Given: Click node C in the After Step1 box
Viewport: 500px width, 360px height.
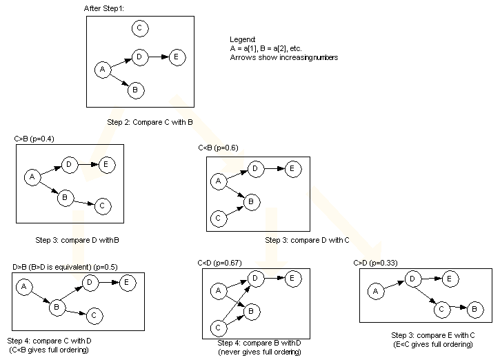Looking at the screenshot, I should click(x=139, y=28).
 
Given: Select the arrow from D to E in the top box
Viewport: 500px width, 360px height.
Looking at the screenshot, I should click(x=159, y=57).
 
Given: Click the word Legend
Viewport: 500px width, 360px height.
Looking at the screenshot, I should click(x=243, y=39).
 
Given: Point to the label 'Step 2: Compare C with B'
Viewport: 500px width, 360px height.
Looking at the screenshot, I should click(x=149, y=122).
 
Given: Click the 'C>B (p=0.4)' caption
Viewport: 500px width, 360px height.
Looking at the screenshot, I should click(x=34, y=139).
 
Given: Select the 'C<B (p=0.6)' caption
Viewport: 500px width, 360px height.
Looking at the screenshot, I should click(x=219, y=148).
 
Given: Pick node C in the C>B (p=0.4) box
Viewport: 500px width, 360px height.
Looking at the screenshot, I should click(x=102, y=205).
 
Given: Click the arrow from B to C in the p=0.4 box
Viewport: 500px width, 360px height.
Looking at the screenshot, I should click(x=83, y=201).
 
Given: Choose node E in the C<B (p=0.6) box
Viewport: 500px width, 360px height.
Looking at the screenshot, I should click(x=292, y=168).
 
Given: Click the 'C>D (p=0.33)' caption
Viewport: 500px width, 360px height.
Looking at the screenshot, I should click(x=376, y=263).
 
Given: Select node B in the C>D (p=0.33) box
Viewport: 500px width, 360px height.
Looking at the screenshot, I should click(x=475, y=309).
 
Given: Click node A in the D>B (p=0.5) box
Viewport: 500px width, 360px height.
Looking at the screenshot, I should click(x=23, y=286).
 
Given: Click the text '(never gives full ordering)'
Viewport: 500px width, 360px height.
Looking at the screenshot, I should click(x=258, y=352).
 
